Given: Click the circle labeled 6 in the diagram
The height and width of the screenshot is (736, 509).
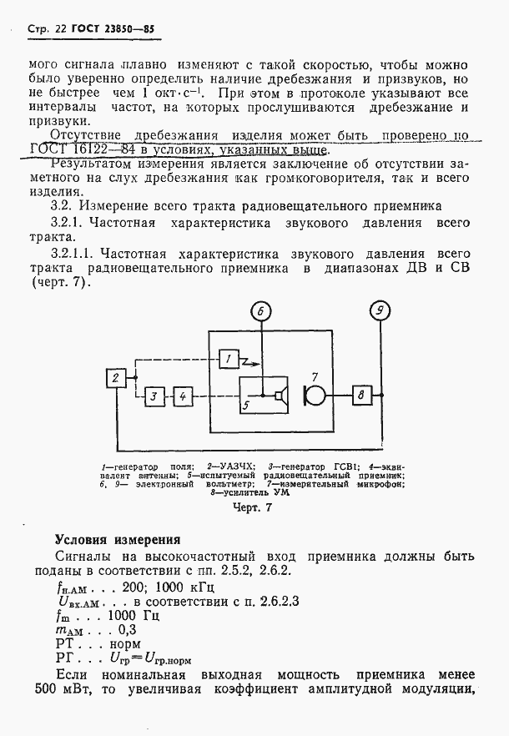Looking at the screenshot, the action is click(260, 312).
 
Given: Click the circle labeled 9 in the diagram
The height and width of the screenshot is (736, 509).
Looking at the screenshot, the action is click(380, 312).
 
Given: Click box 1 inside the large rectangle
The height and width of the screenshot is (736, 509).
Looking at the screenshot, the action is click(228, 359).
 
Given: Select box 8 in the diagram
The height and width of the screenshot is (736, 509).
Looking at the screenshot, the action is click(360, 396).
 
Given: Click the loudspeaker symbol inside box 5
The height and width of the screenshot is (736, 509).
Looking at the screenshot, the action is click(282, 396).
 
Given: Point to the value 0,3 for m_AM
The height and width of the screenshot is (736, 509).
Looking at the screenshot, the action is click(129, 630).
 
